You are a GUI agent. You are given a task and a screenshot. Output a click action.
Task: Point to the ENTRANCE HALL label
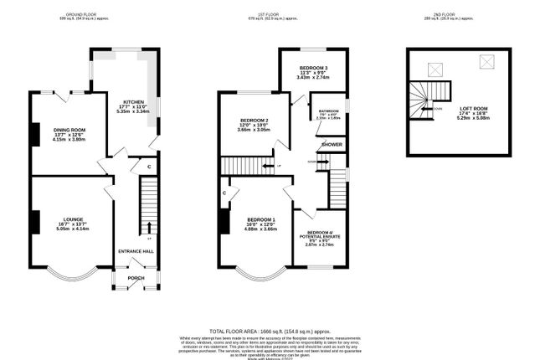tap(136, 250)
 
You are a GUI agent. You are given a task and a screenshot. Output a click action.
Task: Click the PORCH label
tap(136, 278)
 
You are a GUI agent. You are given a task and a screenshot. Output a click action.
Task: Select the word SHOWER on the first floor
tap(332, 145)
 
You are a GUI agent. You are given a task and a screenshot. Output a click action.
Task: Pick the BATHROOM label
tap(328, 111)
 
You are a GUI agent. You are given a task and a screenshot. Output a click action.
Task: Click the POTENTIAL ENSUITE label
tap(319, 237)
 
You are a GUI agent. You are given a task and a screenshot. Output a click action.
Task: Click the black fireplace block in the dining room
tap(34, 134)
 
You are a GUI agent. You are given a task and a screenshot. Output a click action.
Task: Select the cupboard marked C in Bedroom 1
tap(225, 194)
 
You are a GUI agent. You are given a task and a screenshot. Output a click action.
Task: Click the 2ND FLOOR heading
tap(460, 15)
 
